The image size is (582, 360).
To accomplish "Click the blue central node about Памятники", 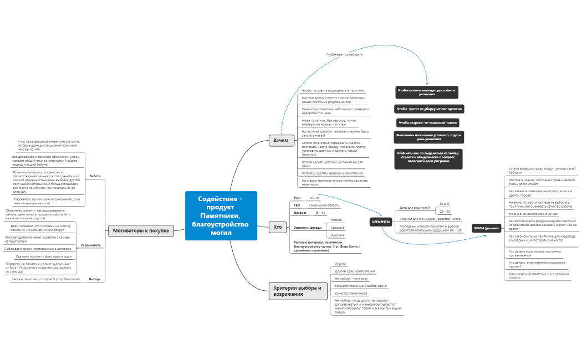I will pyautogui.click(x=221, y=215).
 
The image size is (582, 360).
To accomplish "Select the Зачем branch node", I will pyautogui.click(x=281, y=141).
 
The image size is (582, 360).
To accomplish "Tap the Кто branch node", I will pyautogui.click(x=277, y=227).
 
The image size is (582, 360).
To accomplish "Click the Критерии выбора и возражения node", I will pyautogui.click(x=298, y=291).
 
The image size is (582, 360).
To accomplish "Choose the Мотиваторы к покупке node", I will pyautogui.click(x=141, y=230).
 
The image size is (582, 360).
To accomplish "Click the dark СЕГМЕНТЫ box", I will pyautogui.click(x=381, y=222).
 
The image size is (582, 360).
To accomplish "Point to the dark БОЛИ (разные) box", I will pyautogui.click(x=487, y=228).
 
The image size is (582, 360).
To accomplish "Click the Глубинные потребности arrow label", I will pyautogui.click(x=344, y=55).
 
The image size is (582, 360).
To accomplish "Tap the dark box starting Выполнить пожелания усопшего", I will pyautogui.click(x=429, y=137).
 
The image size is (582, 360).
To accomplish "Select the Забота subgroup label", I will pyautogui.click(x=95, y=176).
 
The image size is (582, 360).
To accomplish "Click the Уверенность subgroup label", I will pyautogui.click(x=91, y=245).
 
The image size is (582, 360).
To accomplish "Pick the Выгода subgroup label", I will pyautogui.click(x=95, y=279).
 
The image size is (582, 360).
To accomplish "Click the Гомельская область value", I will pyautogui.click(x=324, y=205).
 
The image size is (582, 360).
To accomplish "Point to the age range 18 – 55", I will pyautogui.click(x=320, y=213).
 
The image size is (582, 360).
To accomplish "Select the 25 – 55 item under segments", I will pyautogui.click(x=445, y=211).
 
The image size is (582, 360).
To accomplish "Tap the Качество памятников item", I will pyautogui.click(x=351, y=292).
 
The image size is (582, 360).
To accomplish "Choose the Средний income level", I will pyautogui.click(x=337, y=228).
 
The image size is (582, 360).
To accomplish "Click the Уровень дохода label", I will pyautogui.click(x=308, y=228).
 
